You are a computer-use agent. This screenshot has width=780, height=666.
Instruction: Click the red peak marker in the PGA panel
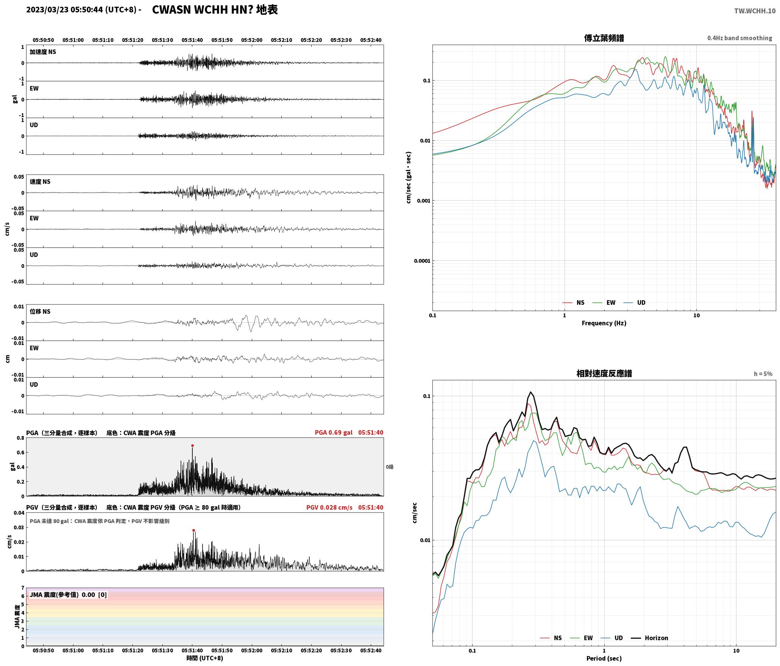(x=192, y=446)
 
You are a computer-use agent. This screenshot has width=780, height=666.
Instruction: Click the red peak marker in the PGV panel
(x=193, y=530)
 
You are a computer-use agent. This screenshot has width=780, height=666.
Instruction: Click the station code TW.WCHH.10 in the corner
(x=755, y=11)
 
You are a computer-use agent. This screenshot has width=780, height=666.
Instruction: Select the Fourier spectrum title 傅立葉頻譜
(x=604, y=38)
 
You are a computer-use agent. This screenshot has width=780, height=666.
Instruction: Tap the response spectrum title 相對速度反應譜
(x=604, y=373)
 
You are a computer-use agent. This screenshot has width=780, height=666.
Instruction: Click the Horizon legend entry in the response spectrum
(x=650, y=638)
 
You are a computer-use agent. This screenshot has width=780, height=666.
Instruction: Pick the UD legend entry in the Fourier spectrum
(x=635, y=302)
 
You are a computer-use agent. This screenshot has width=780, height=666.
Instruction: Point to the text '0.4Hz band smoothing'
(x=739, y=38)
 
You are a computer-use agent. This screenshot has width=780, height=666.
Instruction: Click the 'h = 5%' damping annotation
(x=763, y=374)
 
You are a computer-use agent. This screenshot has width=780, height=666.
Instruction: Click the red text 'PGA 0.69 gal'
(x=334, y=433)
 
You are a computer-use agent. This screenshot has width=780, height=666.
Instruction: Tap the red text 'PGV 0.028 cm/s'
(x=329, y=507)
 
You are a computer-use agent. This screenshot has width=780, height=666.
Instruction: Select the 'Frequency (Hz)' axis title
(x=604, y=323)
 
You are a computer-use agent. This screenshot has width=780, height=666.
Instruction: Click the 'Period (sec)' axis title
(x=604, y=658)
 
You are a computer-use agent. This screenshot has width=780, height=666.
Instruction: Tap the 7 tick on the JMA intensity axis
(x=23, y=588)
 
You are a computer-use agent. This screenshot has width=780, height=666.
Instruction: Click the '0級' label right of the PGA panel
(x=390, y=467)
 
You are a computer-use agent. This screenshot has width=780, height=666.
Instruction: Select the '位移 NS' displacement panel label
(x=40, y=311)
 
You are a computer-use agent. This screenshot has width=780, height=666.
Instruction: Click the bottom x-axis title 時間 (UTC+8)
(x=205, y=658)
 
